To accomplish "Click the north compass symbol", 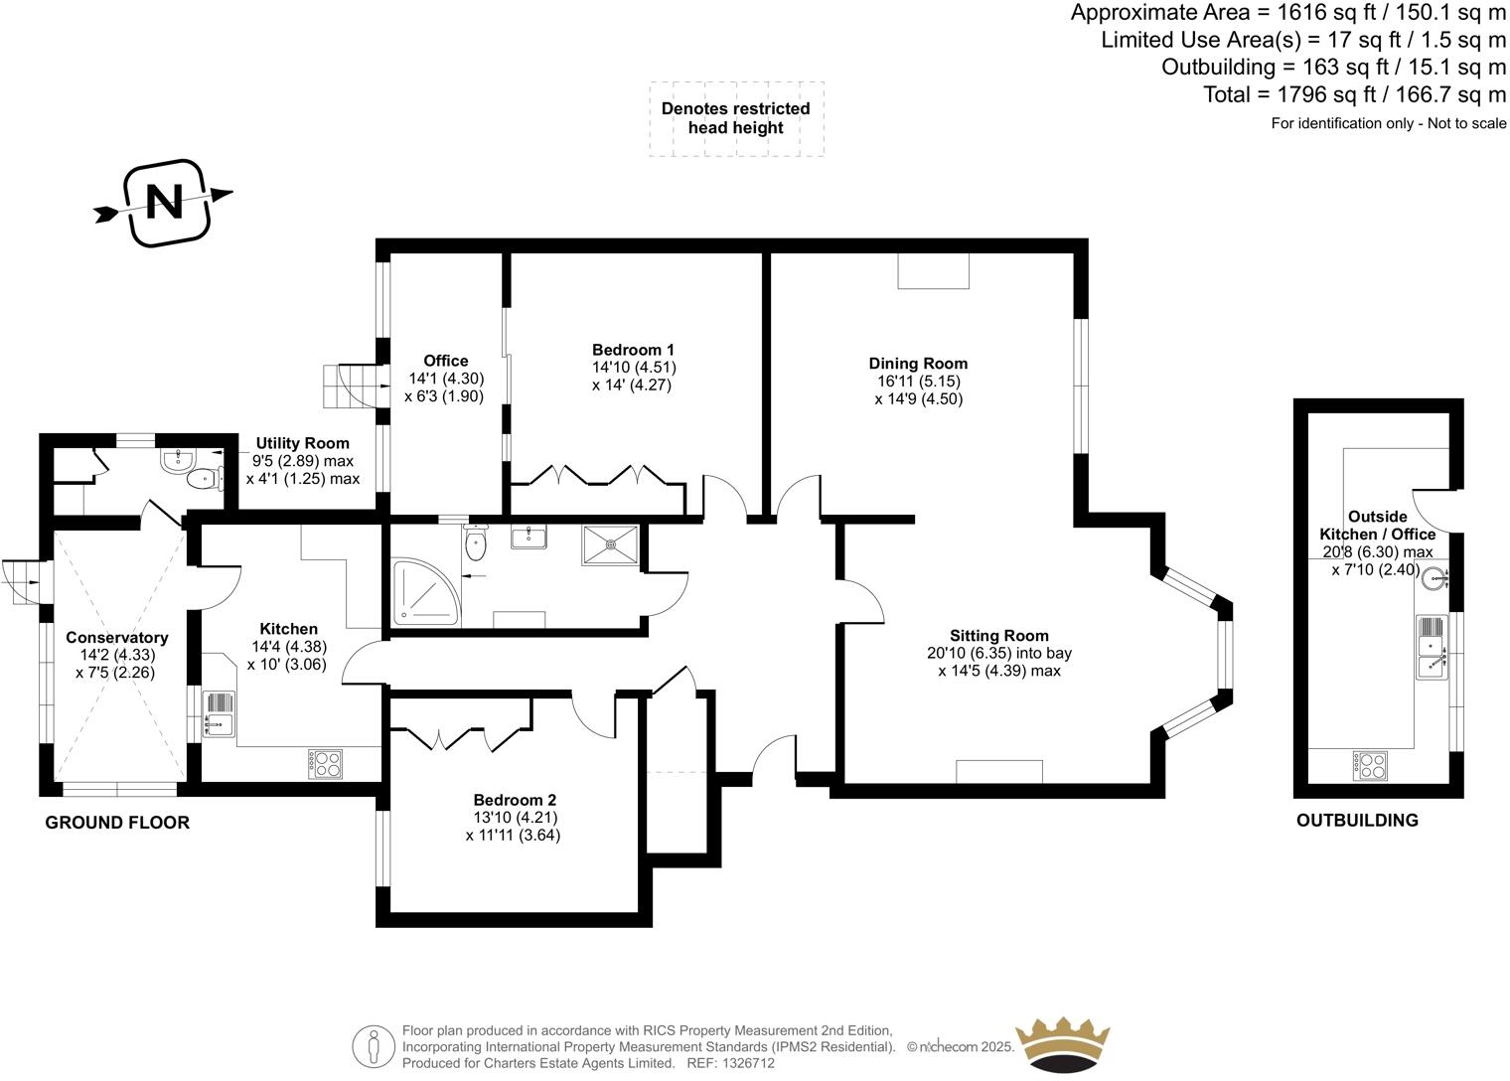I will click(166, 203).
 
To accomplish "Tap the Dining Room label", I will click(918, 364).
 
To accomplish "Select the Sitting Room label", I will click(998, 636).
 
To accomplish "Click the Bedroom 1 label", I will click(633, 350).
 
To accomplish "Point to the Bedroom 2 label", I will click(514, 800).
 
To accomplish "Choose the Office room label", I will click(445, 361).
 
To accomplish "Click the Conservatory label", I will click(116, 638).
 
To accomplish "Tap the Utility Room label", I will click(302, 443).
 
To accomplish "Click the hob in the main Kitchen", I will click(326, 763).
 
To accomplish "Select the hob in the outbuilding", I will click(1370, 765).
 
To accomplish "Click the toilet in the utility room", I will click(203, 480).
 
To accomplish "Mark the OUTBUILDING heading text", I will click(1357, 821).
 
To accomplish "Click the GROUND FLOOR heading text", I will click(117, 823).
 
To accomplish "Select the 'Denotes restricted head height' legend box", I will click(736, 118).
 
